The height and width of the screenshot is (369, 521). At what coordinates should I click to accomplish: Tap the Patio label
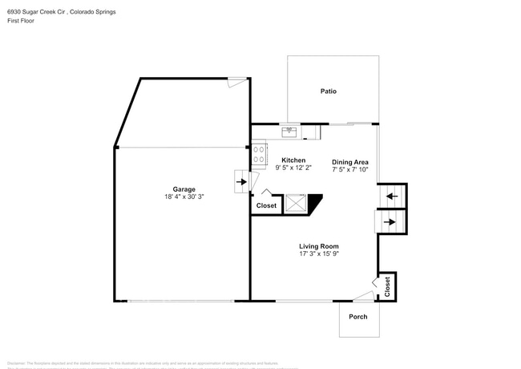(x=328, y=91)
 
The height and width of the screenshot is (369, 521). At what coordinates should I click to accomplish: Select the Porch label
(x=357, y=316)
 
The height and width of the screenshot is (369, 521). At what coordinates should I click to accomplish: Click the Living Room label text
(x=319, y=246)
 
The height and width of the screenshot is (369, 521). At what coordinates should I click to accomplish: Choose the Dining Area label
(x=350, y=161)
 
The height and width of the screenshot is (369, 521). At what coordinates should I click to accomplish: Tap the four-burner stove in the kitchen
(x=259, y=154)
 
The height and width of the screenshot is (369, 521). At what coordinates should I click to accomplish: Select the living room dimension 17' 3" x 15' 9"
(x=319, y=254)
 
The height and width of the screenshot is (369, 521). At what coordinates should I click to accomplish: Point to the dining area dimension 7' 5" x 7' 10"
(x=350, y=169)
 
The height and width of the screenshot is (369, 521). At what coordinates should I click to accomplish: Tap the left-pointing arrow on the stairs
(x=392, y=195)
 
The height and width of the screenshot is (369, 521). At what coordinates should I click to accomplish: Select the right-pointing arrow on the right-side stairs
(x=390, y=221)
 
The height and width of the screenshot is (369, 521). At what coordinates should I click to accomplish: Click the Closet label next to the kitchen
(x=266, y=206)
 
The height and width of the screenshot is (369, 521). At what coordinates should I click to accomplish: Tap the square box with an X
(x=296, y=204)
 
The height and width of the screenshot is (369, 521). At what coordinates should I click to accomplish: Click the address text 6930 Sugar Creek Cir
(x=44, y=10)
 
